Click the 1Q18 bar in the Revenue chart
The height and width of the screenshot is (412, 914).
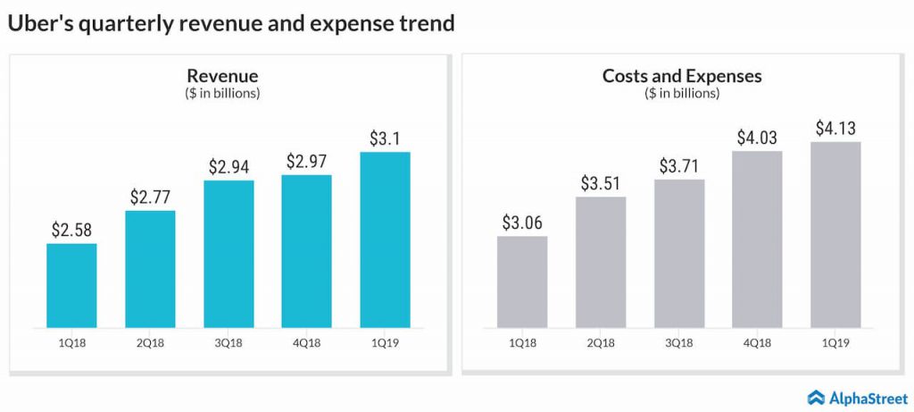tap(71, 285)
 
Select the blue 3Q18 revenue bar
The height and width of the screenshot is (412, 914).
tap(228, 254)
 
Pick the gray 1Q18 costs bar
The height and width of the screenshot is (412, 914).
tap(522, 282)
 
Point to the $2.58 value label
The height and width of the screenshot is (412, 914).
tap(71, 231)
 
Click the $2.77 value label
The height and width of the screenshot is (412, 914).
tap(150, 198)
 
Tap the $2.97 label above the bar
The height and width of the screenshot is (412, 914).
tap(307, 162)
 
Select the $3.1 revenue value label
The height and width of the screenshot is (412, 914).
tap(385, 139)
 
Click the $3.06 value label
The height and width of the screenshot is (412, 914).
tap(522, 223)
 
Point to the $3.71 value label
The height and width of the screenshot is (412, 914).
tap(679, 166)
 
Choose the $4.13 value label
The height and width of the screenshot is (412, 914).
tap(836, 129)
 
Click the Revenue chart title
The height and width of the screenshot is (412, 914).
tap(222, 76)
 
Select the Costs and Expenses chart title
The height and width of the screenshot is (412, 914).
tap(682, 76)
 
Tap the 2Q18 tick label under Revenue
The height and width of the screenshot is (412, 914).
tap(150, 342)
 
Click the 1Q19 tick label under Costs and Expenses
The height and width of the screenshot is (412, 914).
tap(836, 342)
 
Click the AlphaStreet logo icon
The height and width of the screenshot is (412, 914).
tap(815, 398)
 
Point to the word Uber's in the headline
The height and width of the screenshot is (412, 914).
tap(39, 24)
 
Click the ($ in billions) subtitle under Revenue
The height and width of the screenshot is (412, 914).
tap(222, 93)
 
